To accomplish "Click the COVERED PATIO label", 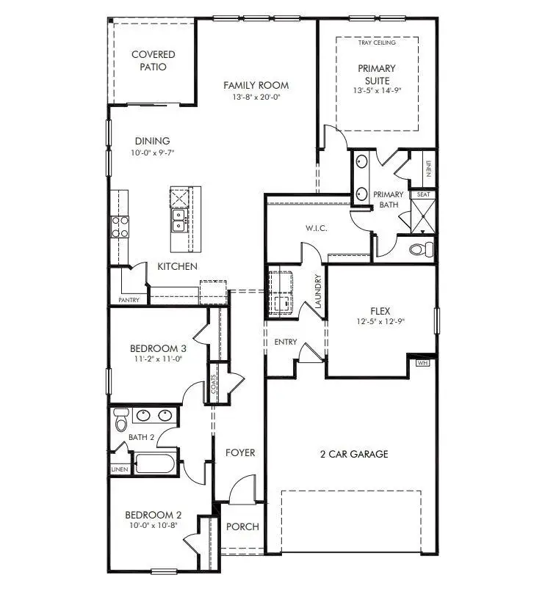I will pyautogui.click(x=154, y=61).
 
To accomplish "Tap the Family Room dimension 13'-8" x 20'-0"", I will pyautogui.click(x=256, y=97).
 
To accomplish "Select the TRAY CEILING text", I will pyautogui.click(x=377, y=43).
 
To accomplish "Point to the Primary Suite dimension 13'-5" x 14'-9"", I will pyautogui.click(x=377, y=91).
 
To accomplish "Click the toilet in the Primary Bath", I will pyautogui.click(x=421, y=249).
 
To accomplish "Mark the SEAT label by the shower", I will pyautogui.click(x=424, y=194).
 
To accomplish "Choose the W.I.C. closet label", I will pyautogui.click(x=316, y=229).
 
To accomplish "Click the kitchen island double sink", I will pyautogui.click(x=179, y=218).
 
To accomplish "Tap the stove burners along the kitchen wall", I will pyautogui.click(x=119, y=227).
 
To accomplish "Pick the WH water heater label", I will pyautogui.click(x=422, y=362).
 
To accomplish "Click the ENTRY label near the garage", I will pyautogui.click(x=286, y=342).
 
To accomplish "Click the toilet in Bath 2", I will pyautogui.click(x=121, y=420).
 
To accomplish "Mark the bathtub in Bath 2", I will pyautogui.click(x=155, y=464).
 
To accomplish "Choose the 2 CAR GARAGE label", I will pyautogui.click(x=354, y=454).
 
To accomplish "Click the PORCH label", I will pyautogui.click(x=242, y=527).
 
